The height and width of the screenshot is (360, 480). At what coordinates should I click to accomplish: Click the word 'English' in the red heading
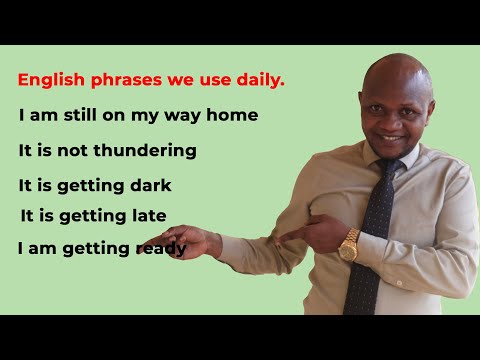pos(49,80)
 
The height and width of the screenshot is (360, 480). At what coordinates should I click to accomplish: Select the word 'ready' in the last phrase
pos(160,249)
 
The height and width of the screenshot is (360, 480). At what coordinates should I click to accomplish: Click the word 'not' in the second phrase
pos(82,151)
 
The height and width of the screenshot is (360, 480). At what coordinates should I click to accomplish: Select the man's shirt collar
pos(411,160)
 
